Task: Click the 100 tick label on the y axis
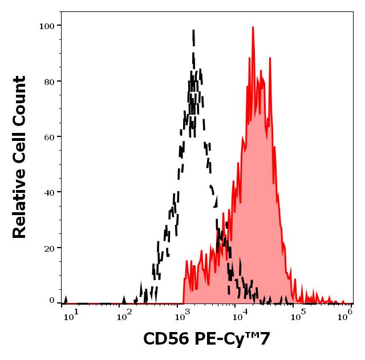(46, 26)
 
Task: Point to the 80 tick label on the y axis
(48, 82)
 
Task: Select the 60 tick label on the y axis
(48, 137)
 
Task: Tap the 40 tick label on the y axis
(48, 192)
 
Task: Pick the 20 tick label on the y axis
(48, 248)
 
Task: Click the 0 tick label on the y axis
(51, 301)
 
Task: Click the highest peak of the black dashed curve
(193, 32)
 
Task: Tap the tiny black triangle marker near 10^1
(66, 299)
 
